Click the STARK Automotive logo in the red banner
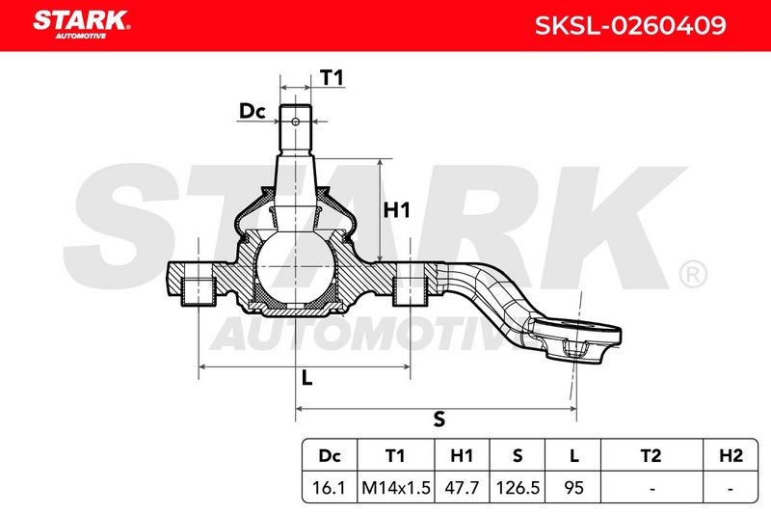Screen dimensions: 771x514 tap(82, 25)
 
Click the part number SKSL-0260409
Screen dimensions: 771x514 tap(630, 26)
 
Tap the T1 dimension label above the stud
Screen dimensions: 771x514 tap(332, 78)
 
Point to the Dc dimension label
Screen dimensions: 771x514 tap(253, 111)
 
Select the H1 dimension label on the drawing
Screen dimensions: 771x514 tap(396, 210)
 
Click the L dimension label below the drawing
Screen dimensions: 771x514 tap(306, 378)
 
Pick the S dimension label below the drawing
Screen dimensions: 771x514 tap(439, 419)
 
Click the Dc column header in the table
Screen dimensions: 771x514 tap(330, 456)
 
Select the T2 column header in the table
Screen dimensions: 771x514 tap(651, 456)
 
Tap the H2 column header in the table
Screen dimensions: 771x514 tap(731, 456)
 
